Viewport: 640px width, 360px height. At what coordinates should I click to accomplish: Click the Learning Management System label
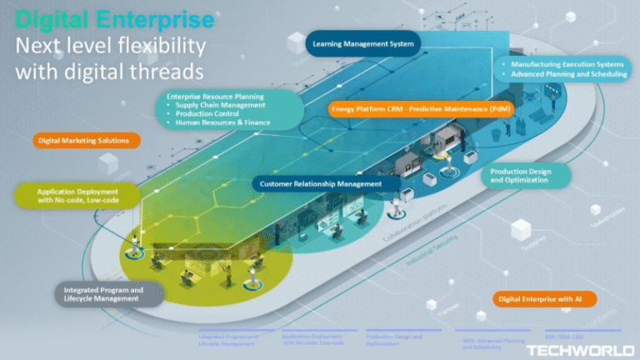tap(362, 43)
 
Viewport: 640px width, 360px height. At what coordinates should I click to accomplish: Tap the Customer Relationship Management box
tap(320, 183)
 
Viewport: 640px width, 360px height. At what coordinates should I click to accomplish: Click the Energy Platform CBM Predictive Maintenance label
tap(421, 108)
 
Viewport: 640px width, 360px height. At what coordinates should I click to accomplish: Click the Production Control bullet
tap(208, 113)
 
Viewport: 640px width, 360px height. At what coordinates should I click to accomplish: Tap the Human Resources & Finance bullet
tap(222, 122)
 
